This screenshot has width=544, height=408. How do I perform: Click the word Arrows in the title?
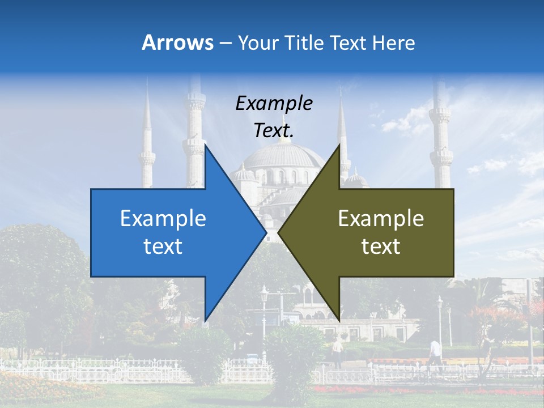[x=177, y=42]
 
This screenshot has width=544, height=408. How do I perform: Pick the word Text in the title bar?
[x=350, y=43]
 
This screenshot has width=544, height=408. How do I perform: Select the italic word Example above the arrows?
[x=274, y=103]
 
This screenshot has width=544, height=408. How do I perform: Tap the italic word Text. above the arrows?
[x=274, y=130]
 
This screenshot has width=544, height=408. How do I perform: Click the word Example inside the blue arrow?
[x=163, y=218]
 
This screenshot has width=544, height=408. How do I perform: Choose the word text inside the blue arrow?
[x=163, y=246]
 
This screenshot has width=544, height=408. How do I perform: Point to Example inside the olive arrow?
[x=381, y=218]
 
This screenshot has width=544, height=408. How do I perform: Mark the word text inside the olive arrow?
[x=381, y=246]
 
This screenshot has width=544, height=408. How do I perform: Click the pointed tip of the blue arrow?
[x=266, y=232]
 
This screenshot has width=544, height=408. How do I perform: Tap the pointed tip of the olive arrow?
[x=278, y=232]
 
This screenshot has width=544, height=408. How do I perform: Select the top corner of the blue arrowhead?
[x=205, y=145]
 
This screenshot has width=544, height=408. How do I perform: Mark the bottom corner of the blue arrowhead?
[x=205, y=320]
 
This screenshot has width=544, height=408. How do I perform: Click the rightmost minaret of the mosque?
[x=440, y=136]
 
